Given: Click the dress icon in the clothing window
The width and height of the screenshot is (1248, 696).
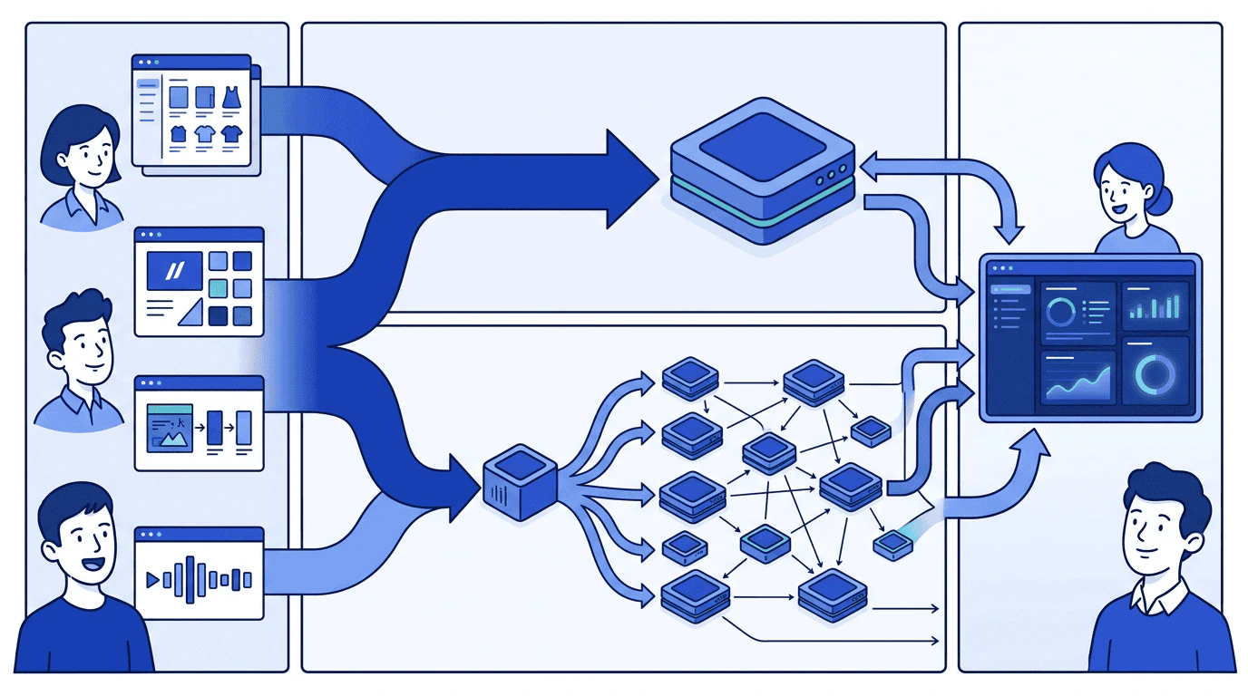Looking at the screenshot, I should click(x=230, y=96).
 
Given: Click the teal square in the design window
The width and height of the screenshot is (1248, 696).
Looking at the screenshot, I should click(x=218, y=288).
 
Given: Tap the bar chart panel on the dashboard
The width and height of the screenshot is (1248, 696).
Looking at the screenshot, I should click(x=1155, y=305).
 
